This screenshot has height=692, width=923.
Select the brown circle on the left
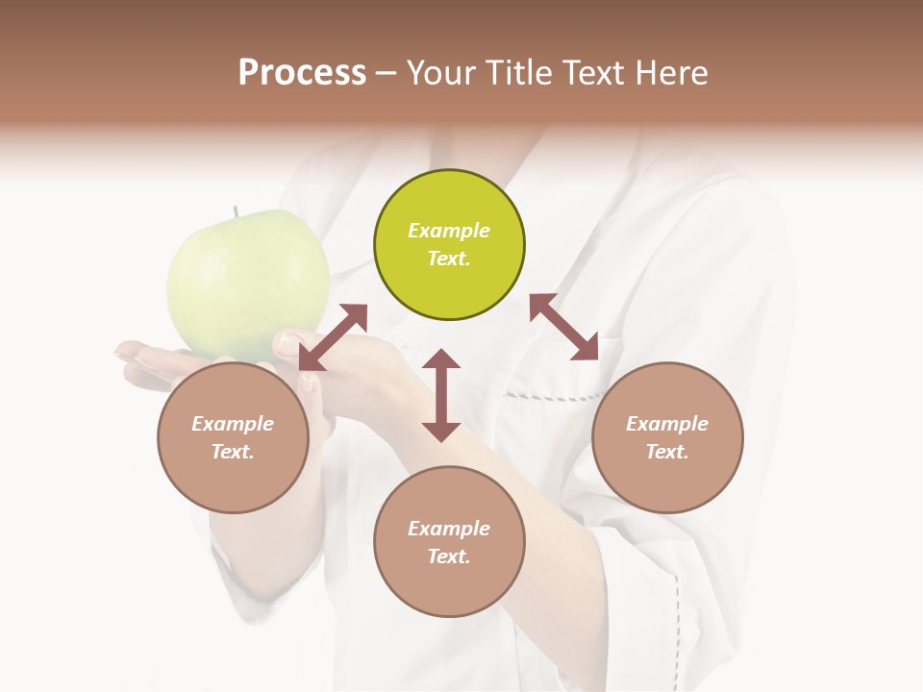(x=233, y=437)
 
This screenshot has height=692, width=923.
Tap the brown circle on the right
(x=667, y=437)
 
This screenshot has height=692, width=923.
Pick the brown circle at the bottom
(x=449, y=541)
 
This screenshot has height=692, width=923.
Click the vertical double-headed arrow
(x=441, y=395)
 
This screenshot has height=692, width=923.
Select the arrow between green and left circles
(x=333, y=337)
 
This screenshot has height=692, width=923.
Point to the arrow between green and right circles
(x=564, y=328)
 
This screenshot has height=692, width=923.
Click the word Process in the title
(x=302, y=72)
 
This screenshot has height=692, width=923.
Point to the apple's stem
(x=235, y=210)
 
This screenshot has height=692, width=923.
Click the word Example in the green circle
(x=449, y=231)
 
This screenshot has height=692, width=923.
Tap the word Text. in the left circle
(x=233, y=452)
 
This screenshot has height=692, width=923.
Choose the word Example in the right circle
(x=667, y=424)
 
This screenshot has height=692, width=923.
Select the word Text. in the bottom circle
(x=449, y=556)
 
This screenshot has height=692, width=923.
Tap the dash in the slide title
(x=387, y=73)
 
